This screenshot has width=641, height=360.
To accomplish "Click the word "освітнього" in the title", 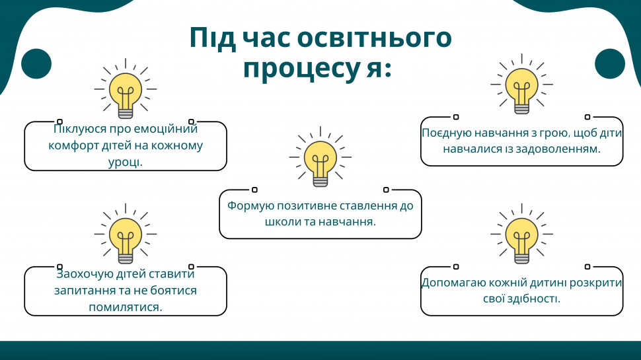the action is coord(374,38).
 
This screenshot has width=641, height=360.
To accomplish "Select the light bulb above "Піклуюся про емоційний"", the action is coord(126,89).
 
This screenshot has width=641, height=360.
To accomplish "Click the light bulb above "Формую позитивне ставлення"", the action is coord(320,157).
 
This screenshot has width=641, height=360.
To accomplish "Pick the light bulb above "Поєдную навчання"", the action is coord(521,84).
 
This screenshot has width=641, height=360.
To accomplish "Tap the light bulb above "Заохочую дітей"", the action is coord(126,234).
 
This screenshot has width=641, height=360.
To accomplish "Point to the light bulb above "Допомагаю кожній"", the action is coord(521,234).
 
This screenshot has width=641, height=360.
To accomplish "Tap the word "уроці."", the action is coord(126,162).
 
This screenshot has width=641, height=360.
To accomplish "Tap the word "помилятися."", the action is coord(126,307).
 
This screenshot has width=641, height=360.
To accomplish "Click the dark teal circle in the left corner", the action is coord(36,64).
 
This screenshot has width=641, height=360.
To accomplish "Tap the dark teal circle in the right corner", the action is coord(610,64).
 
